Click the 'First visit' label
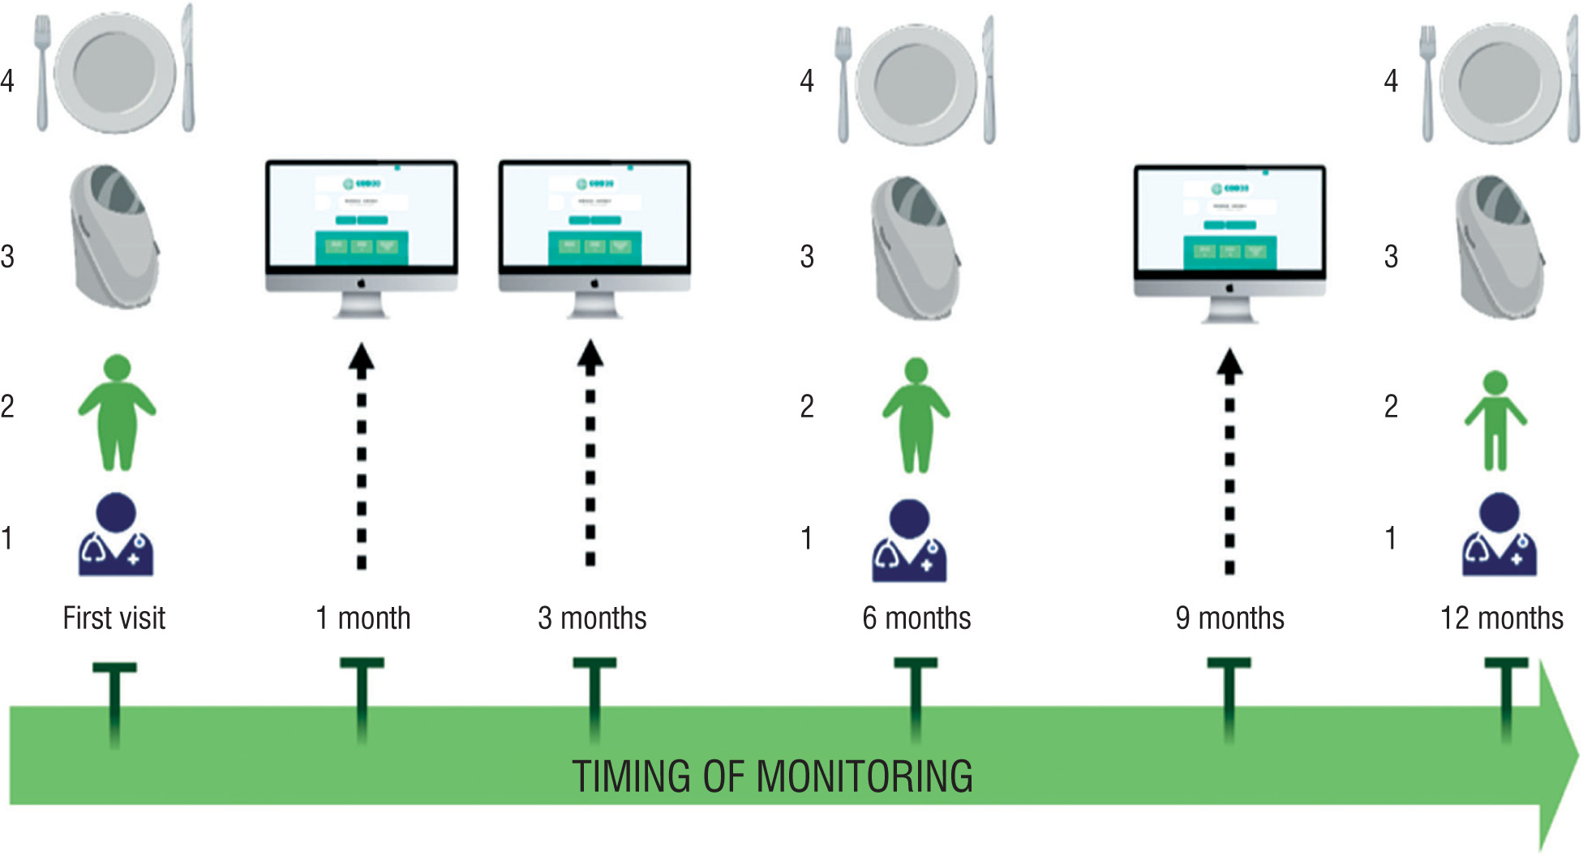114,618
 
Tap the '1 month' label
363,618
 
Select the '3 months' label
592,618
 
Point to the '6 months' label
916,618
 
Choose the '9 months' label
1229,618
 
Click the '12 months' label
1501,618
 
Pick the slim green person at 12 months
1495,421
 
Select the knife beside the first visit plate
187,68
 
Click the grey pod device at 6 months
916,248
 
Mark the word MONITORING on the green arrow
864,776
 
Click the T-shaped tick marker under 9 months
1229,697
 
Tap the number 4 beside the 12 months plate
1391,80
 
